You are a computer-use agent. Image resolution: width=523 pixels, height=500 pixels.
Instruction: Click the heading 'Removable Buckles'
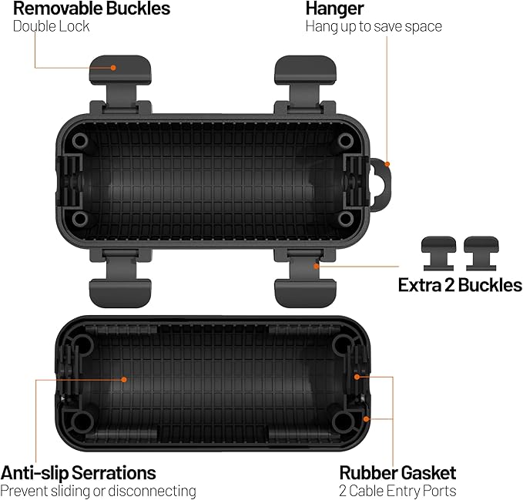coord(92,8)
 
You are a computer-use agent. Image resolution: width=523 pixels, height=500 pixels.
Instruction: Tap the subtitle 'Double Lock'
coord(51,26)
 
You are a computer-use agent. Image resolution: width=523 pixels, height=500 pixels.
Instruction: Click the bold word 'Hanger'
coord(334,9)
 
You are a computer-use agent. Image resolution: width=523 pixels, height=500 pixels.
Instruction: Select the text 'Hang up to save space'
coord(374,27)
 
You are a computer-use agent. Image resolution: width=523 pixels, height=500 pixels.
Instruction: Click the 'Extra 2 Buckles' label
coord(460,285)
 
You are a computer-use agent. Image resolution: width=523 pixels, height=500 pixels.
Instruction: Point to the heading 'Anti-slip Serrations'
coord(78,472)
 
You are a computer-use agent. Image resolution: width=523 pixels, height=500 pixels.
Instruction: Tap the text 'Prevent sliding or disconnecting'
coord(98,491)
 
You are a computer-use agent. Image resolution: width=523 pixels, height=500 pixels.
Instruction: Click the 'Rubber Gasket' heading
coord(397,472)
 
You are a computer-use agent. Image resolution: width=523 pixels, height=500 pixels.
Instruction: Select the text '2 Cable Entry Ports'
coord(397,491)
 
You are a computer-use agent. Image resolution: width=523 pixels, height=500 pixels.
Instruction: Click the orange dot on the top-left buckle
coord(113,68)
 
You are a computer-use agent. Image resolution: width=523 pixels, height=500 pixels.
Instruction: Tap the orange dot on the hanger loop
coord(387,164)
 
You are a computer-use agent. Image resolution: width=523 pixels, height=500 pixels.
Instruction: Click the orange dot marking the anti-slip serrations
coord(124,380)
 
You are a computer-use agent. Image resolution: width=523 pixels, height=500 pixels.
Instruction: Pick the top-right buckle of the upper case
coord(305,83)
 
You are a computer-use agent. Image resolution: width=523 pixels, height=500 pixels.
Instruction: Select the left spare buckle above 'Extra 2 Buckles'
coord(438,253)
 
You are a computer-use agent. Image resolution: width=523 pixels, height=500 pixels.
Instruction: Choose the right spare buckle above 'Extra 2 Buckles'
coord(481,253)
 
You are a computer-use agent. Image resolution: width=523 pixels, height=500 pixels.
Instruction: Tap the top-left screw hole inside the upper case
coord(80,141)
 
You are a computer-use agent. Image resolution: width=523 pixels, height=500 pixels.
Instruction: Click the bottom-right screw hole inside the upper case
coord(346,219)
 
